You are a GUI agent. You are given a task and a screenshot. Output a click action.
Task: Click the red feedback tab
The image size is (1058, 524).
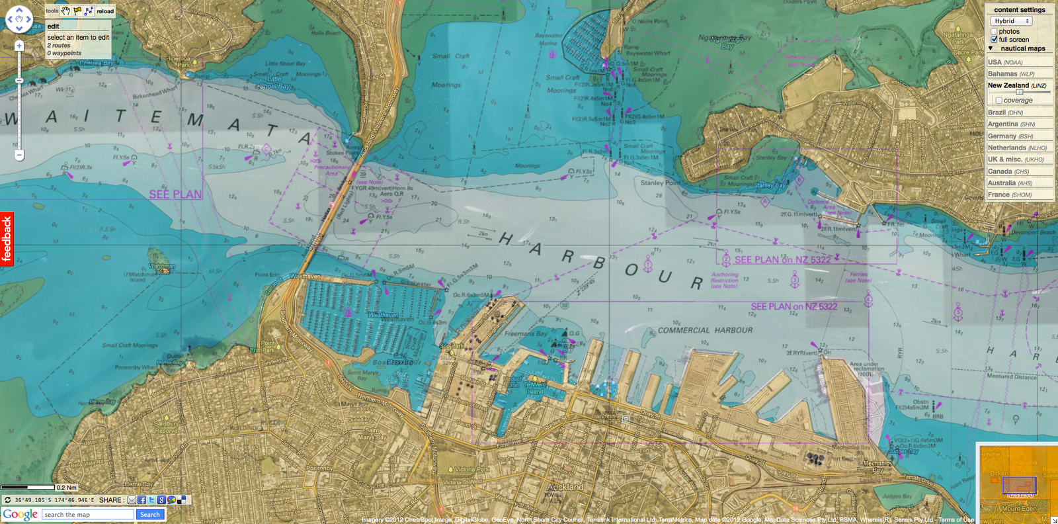pyautogui.click(x=7, y=238)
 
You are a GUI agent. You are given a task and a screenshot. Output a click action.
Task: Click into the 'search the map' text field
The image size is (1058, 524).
pyautogui.click(x=89, y=515)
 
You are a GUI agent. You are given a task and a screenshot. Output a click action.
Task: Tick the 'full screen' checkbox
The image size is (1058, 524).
pyautogui.click(x=994, y=40)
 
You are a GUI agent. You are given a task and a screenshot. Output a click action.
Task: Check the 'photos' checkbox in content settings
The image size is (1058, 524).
pyautogui.click(x=994, y=32)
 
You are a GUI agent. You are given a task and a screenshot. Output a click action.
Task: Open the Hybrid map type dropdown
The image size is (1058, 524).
pyautogui.click(x=1012, y=21)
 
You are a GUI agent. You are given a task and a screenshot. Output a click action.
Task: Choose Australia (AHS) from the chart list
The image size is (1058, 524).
pyautogui.click(x=1010, y=183)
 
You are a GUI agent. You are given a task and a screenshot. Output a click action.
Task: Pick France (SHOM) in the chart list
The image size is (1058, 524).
pyautogui.click(x=1009, y=195)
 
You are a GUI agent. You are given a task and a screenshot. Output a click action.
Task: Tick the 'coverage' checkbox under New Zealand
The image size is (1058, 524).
pyautogui.click(x=998, y=101)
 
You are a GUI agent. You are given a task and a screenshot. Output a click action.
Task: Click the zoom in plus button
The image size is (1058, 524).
pyautogui.click(x=19, y=46)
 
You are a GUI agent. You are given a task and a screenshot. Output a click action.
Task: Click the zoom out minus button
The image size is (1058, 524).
pyautogui.click(x=19, y=155)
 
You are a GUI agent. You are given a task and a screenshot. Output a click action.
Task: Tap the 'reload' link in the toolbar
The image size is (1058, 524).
pyautogui.click(x=105, y=11)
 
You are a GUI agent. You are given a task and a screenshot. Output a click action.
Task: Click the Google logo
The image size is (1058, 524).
pyautogui.click(x=20, y=514)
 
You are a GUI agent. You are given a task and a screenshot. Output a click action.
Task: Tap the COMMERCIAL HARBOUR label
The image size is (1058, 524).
pyautogui.click(x=705, y=330)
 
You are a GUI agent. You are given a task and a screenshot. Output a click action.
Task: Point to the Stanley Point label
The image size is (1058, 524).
pyautogui.click(x=660, y=183)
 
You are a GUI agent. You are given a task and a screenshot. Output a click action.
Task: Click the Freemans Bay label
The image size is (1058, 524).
pyautogui.click(x=526, y=334)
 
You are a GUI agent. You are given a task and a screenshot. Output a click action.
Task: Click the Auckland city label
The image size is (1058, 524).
pyautogui.click(x=565, y=487)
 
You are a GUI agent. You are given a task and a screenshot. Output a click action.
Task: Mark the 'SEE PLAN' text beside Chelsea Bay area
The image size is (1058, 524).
pyautogui.click(x=175, y=195)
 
